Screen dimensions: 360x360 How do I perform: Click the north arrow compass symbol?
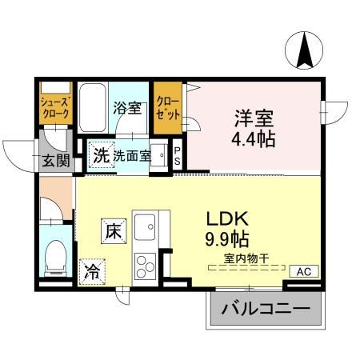304,50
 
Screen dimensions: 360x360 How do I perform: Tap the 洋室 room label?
254,118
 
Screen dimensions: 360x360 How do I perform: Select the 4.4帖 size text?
254,138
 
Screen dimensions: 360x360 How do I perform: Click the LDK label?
228,218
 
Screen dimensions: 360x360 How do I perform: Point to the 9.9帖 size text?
227,238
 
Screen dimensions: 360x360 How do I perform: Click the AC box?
304,271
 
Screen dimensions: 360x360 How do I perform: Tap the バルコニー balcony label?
266,309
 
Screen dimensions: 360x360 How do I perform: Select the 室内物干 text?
246,258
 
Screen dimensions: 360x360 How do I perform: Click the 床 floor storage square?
114,231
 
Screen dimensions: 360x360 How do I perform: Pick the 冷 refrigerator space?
92,272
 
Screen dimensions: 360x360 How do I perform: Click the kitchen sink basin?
145,227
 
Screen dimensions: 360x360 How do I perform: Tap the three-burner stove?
145,266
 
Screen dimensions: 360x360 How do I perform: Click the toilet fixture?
56,258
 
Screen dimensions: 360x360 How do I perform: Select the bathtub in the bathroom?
93,107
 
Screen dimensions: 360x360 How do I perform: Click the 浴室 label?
127,108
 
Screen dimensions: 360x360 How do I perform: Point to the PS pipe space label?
177,156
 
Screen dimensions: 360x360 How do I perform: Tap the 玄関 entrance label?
56,161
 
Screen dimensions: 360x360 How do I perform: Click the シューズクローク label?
56,108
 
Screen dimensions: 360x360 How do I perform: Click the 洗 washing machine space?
102,155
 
